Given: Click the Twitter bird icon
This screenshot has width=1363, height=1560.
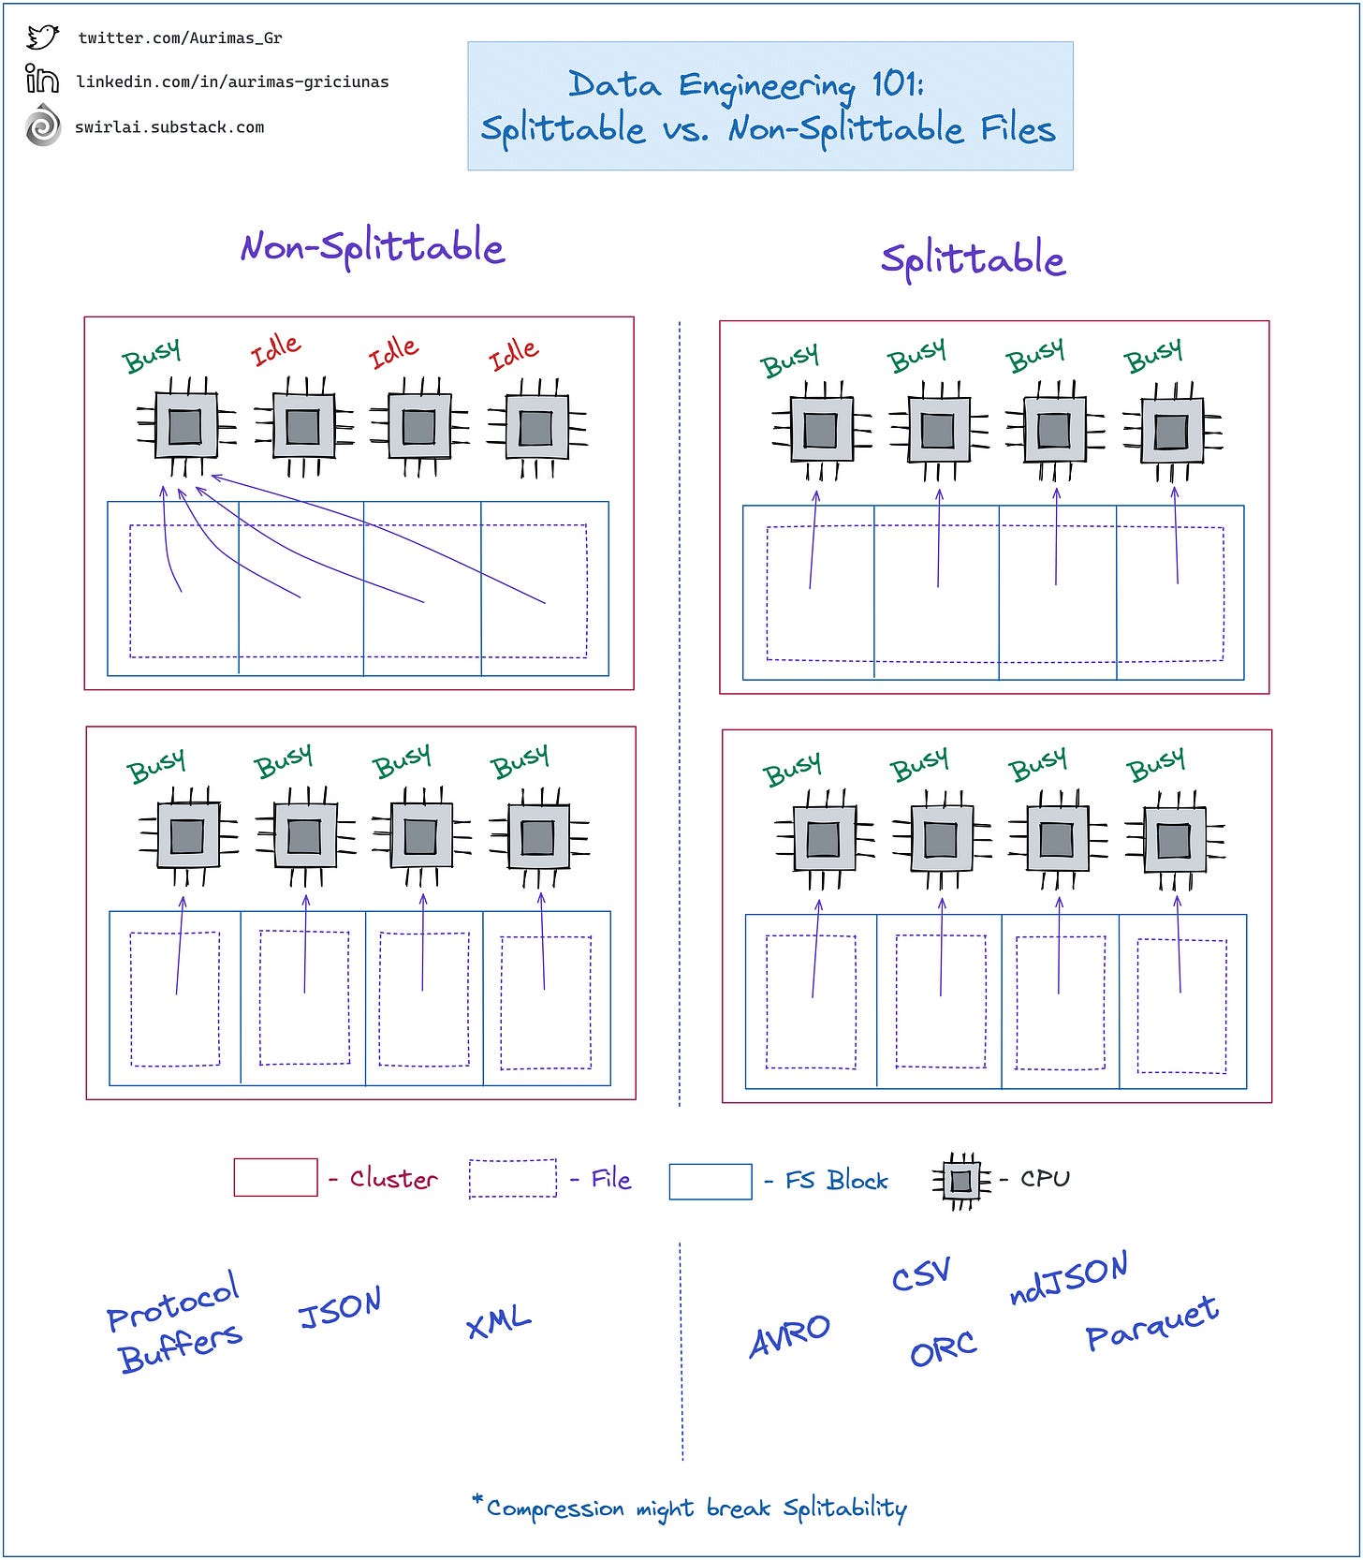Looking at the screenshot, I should click(x=42, y=37).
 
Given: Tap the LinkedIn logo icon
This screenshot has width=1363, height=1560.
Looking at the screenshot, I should click(x=42, y=80).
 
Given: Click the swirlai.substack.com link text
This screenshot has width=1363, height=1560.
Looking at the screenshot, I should click(x=169, y=127).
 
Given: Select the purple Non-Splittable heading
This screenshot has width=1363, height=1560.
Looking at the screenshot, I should click(x=373, y=246).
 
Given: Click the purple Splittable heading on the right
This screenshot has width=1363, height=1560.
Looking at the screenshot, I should click(x=973, y=259).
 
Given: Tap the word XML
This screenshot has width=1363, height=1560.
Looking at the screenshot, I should click(x=498, y=1321).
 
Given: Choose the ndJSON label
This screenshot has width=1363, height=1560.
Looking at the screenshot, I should click(x=1069, y=1278).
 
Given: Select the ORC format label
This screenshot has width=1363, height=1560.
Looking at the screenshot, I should click(x=943, y=1349).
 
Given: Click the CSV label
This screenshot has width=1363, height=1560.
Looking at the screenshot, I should click(x=920, y=1273).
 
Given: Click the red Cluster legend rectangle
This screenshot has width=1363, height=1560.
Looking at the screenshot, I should click(x=275, y=1177).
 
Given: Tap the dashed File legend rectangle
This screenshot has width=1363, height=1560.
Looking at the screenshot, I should click(x=512, y=1178).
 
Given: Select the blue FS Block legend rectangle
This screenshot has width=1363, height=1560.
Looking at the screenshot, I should click(x=710, y=1181).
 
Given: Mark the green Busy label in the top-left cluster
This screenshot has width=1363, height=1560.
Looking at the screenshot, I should click(x=152, y=355).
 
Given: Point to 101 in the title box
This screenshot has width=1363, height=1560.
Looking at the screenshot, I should click(x=897, y=84).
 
